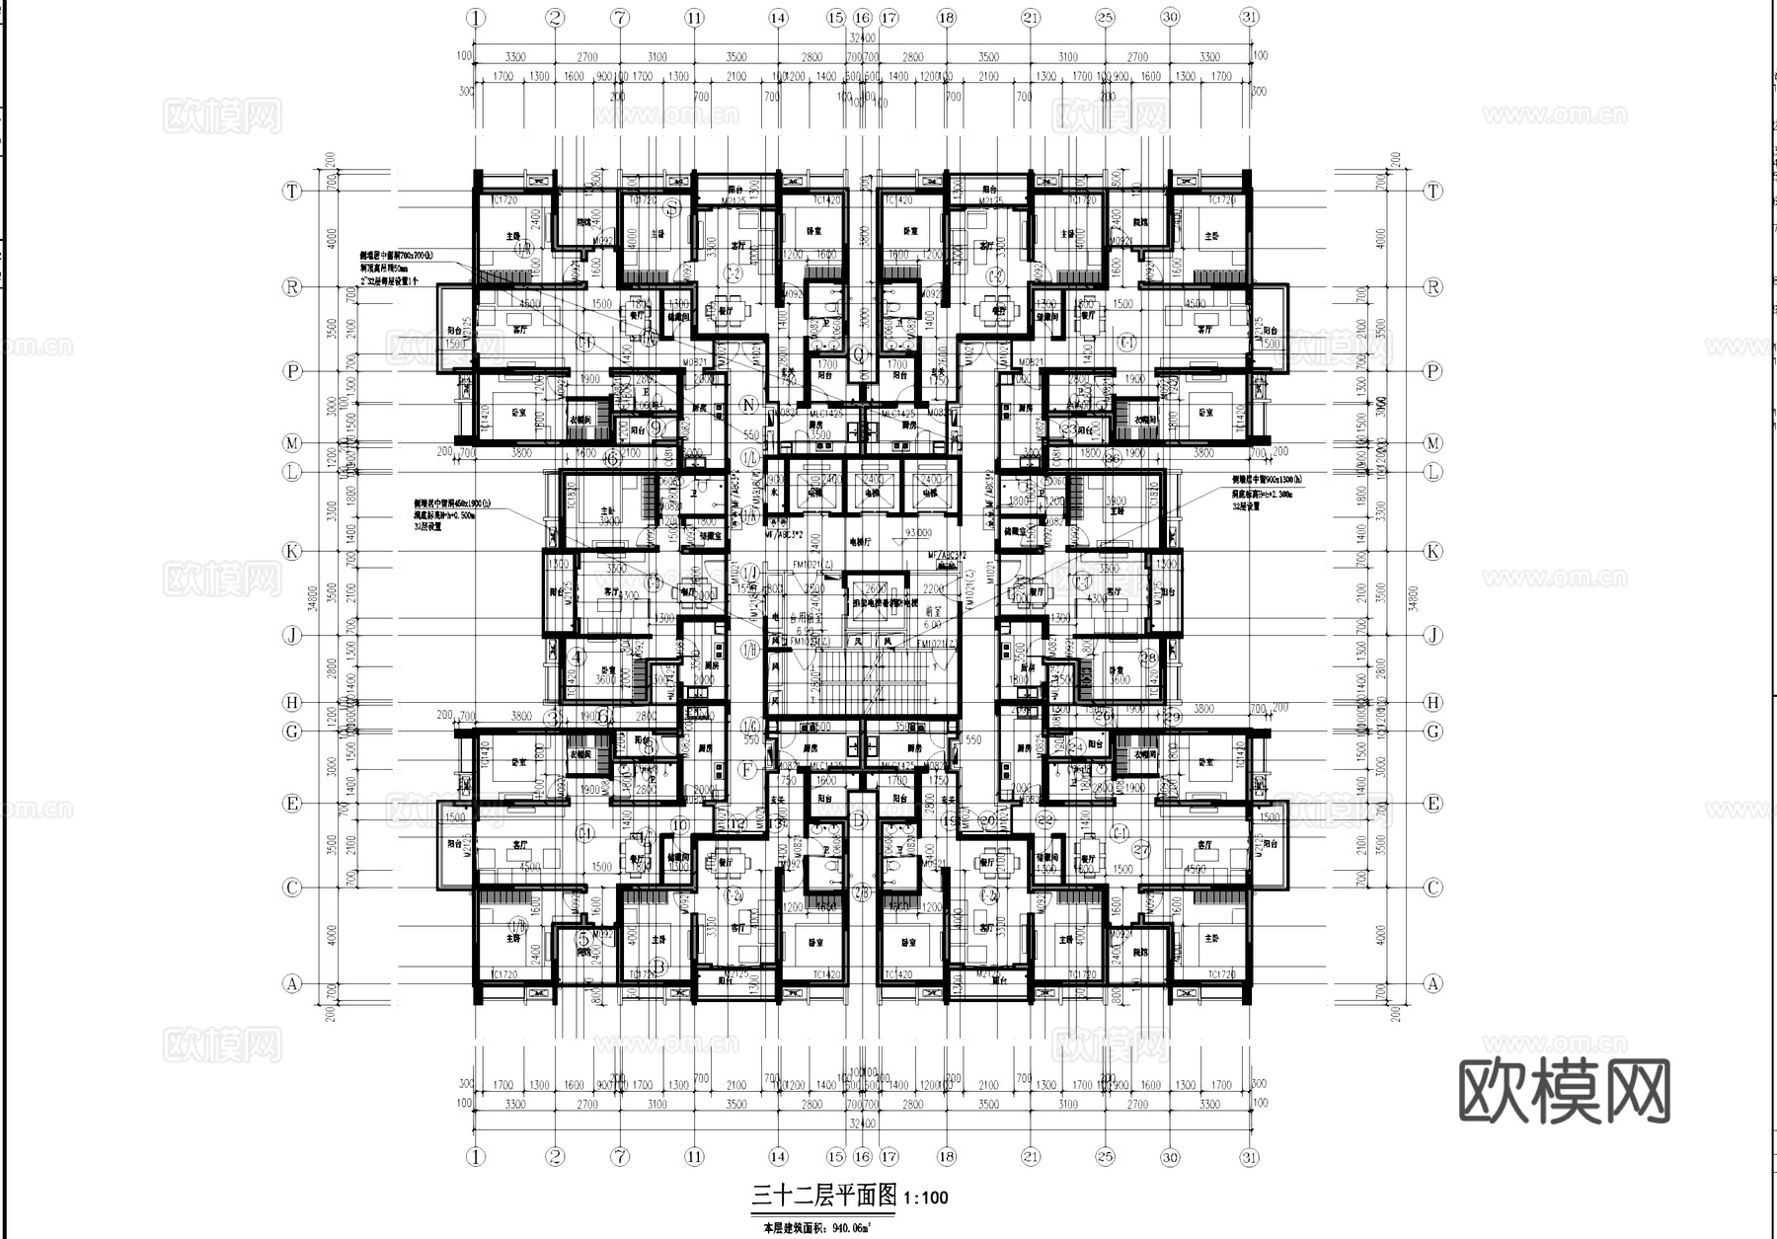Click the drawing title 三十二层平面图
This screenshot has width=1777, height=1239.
point(824,1196)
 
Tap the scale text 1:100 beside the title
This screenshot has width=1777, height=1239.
point(925,1199)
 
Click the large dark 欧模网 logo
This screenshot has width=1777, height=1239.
point(1564,1092)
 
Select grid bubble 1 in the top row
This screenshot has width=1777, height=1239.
point(477,17)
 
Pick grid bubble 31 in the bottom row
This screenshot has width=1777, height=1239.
point(1249,1156)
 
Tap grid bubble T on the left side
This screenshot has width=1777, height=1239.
point(292,191)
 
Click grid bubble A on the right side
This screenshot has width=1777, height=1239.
point(1432,982)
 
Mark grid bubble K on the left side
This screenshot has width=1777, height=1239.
point(292,552)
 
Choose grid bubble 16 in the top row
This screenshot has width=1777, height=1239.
point(862,17)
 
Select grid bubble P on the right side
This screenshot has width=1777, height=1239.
point(1432,371)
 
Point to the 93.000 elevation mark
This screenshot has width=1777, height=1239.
point(916,533)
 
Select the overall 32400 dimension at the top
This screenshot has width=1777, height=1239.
point(862,39)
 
